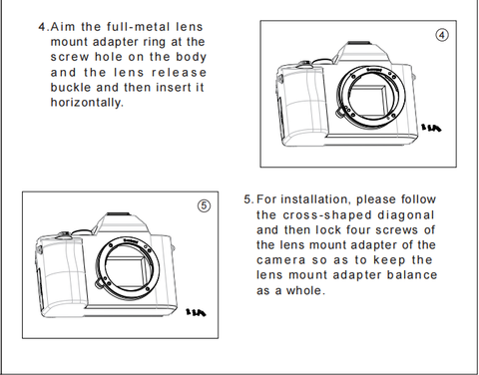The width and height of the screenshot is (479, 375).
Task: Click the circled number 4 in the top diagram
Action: (442, 35)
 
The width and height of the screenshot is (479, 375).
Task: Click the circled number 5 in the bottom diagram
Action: (205, 205)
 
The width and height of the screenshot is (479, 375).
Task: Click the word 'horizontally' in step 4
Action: (87, 103)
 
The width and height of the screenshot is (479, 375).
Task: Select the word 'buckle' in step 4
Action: (71, 88)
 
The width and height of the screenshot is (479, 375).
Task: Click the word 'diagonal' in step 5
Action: (406, 215)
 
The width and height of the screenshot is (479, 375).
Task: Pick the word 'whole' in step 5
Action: (305, 290)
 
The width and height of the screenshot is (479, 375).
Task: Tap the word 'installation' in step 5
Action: (316, 199)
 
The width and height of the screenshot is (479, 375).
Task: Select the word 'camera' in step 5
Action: (280, 260)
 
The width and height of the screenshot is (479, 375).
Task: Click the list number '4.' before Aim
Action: (44, 27)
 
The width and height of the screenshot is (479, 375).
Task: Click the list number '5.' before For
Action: (248, 199)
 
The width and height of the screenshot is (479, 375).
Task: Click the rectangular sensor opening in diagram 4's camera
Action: (368, 100)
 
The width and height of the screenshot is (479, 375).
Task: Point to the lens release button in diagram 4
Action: (340, 113)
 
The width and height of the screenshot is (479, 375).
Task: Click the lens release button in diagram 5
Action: (100, 283)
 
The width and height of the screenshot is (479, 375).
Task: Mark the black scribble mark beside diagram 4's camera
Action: (431, 128)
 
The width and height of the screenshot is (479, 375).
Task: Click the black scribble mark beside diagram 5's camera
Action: (196, 312)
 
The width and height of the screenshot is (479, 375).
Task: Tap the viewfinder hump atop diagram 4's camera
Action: (364, 53)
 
